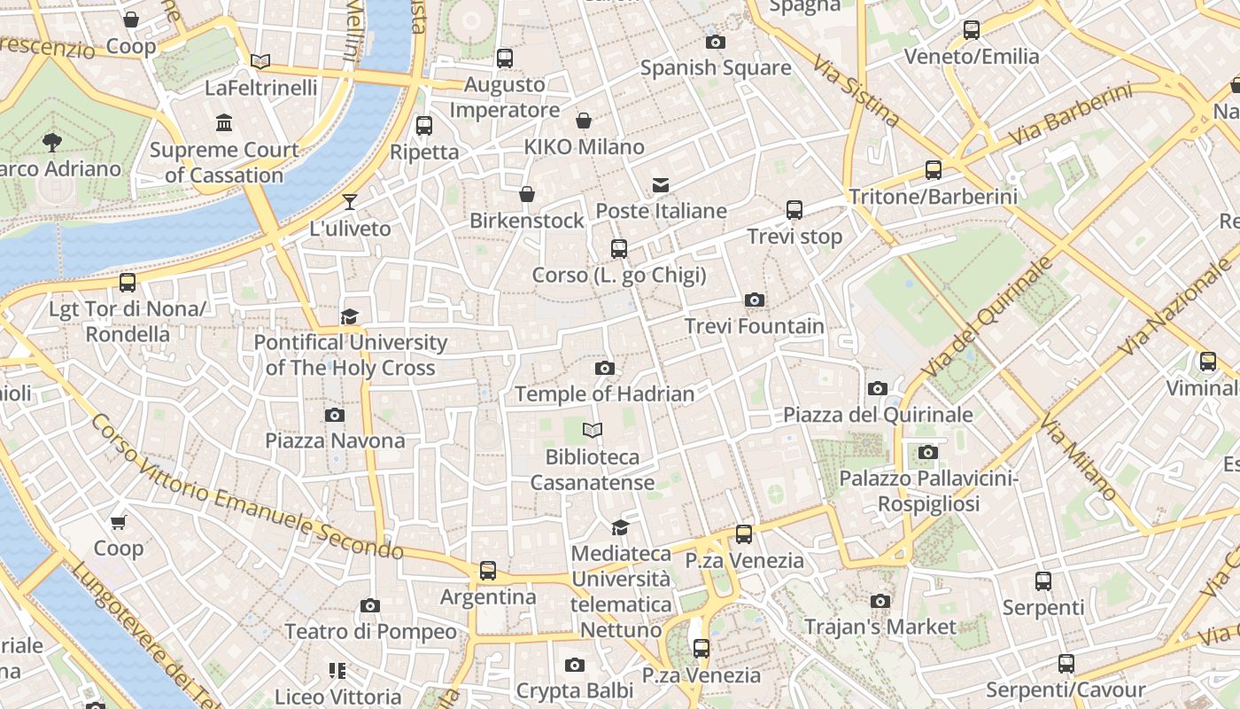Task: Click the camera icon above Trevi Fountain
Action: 755,300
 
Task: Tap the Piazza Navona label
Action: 335,440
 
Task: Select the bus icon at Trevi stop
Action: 794,210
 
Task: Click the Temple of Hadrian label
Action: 605,393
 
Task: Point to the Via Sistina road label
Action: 857,90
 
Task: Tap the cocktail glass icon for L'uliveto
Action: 350,202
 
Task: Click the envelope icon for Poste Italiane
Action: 661,185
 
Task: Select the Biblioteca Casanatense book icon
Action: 593,431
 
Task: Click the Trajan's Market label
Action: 880,627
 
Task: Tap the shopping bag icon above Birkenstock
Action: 527,194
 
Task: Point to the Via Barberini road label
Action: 1071,115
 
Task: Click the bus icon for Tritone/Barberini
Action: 933,170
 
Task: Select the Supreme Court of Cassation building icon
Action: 224,123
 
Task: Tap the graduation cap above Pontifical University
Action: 350,316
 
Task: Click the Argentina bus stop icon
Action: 488,571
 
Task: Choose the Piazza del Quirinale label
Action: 878,415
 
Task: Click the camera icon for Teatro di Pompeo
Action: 370,606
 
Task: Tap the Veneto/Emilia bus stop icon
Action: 972,30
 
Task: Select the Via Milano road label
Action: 1079,457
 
